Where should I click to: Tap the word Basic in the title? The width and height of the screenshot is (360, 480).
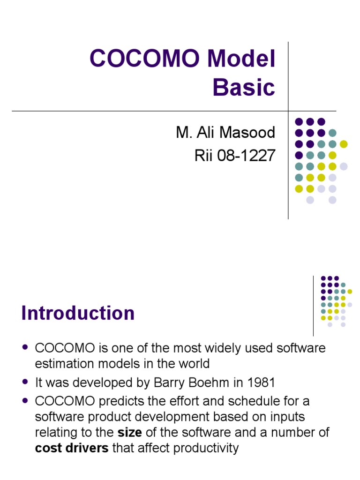coord(244,87)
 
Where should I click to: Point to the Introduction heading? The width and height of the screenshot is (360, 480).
coord(78,313)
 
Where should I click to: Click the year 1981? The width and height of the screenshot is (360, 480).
coord(259,382)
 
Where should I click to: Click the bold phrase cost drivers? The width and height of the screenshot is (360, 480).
coord(72,448)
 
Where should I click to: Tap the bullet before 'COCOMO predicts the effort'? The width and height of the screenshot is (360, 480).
coord(26,401)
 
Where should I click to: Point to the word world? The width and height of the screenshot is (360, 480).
coord(191,364)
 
